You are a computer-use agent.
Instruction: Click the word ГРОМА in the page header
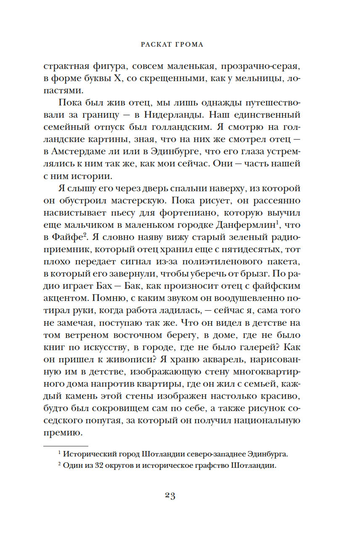[188, 45]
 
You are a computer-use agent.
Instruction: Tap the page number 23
[170, 495]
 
